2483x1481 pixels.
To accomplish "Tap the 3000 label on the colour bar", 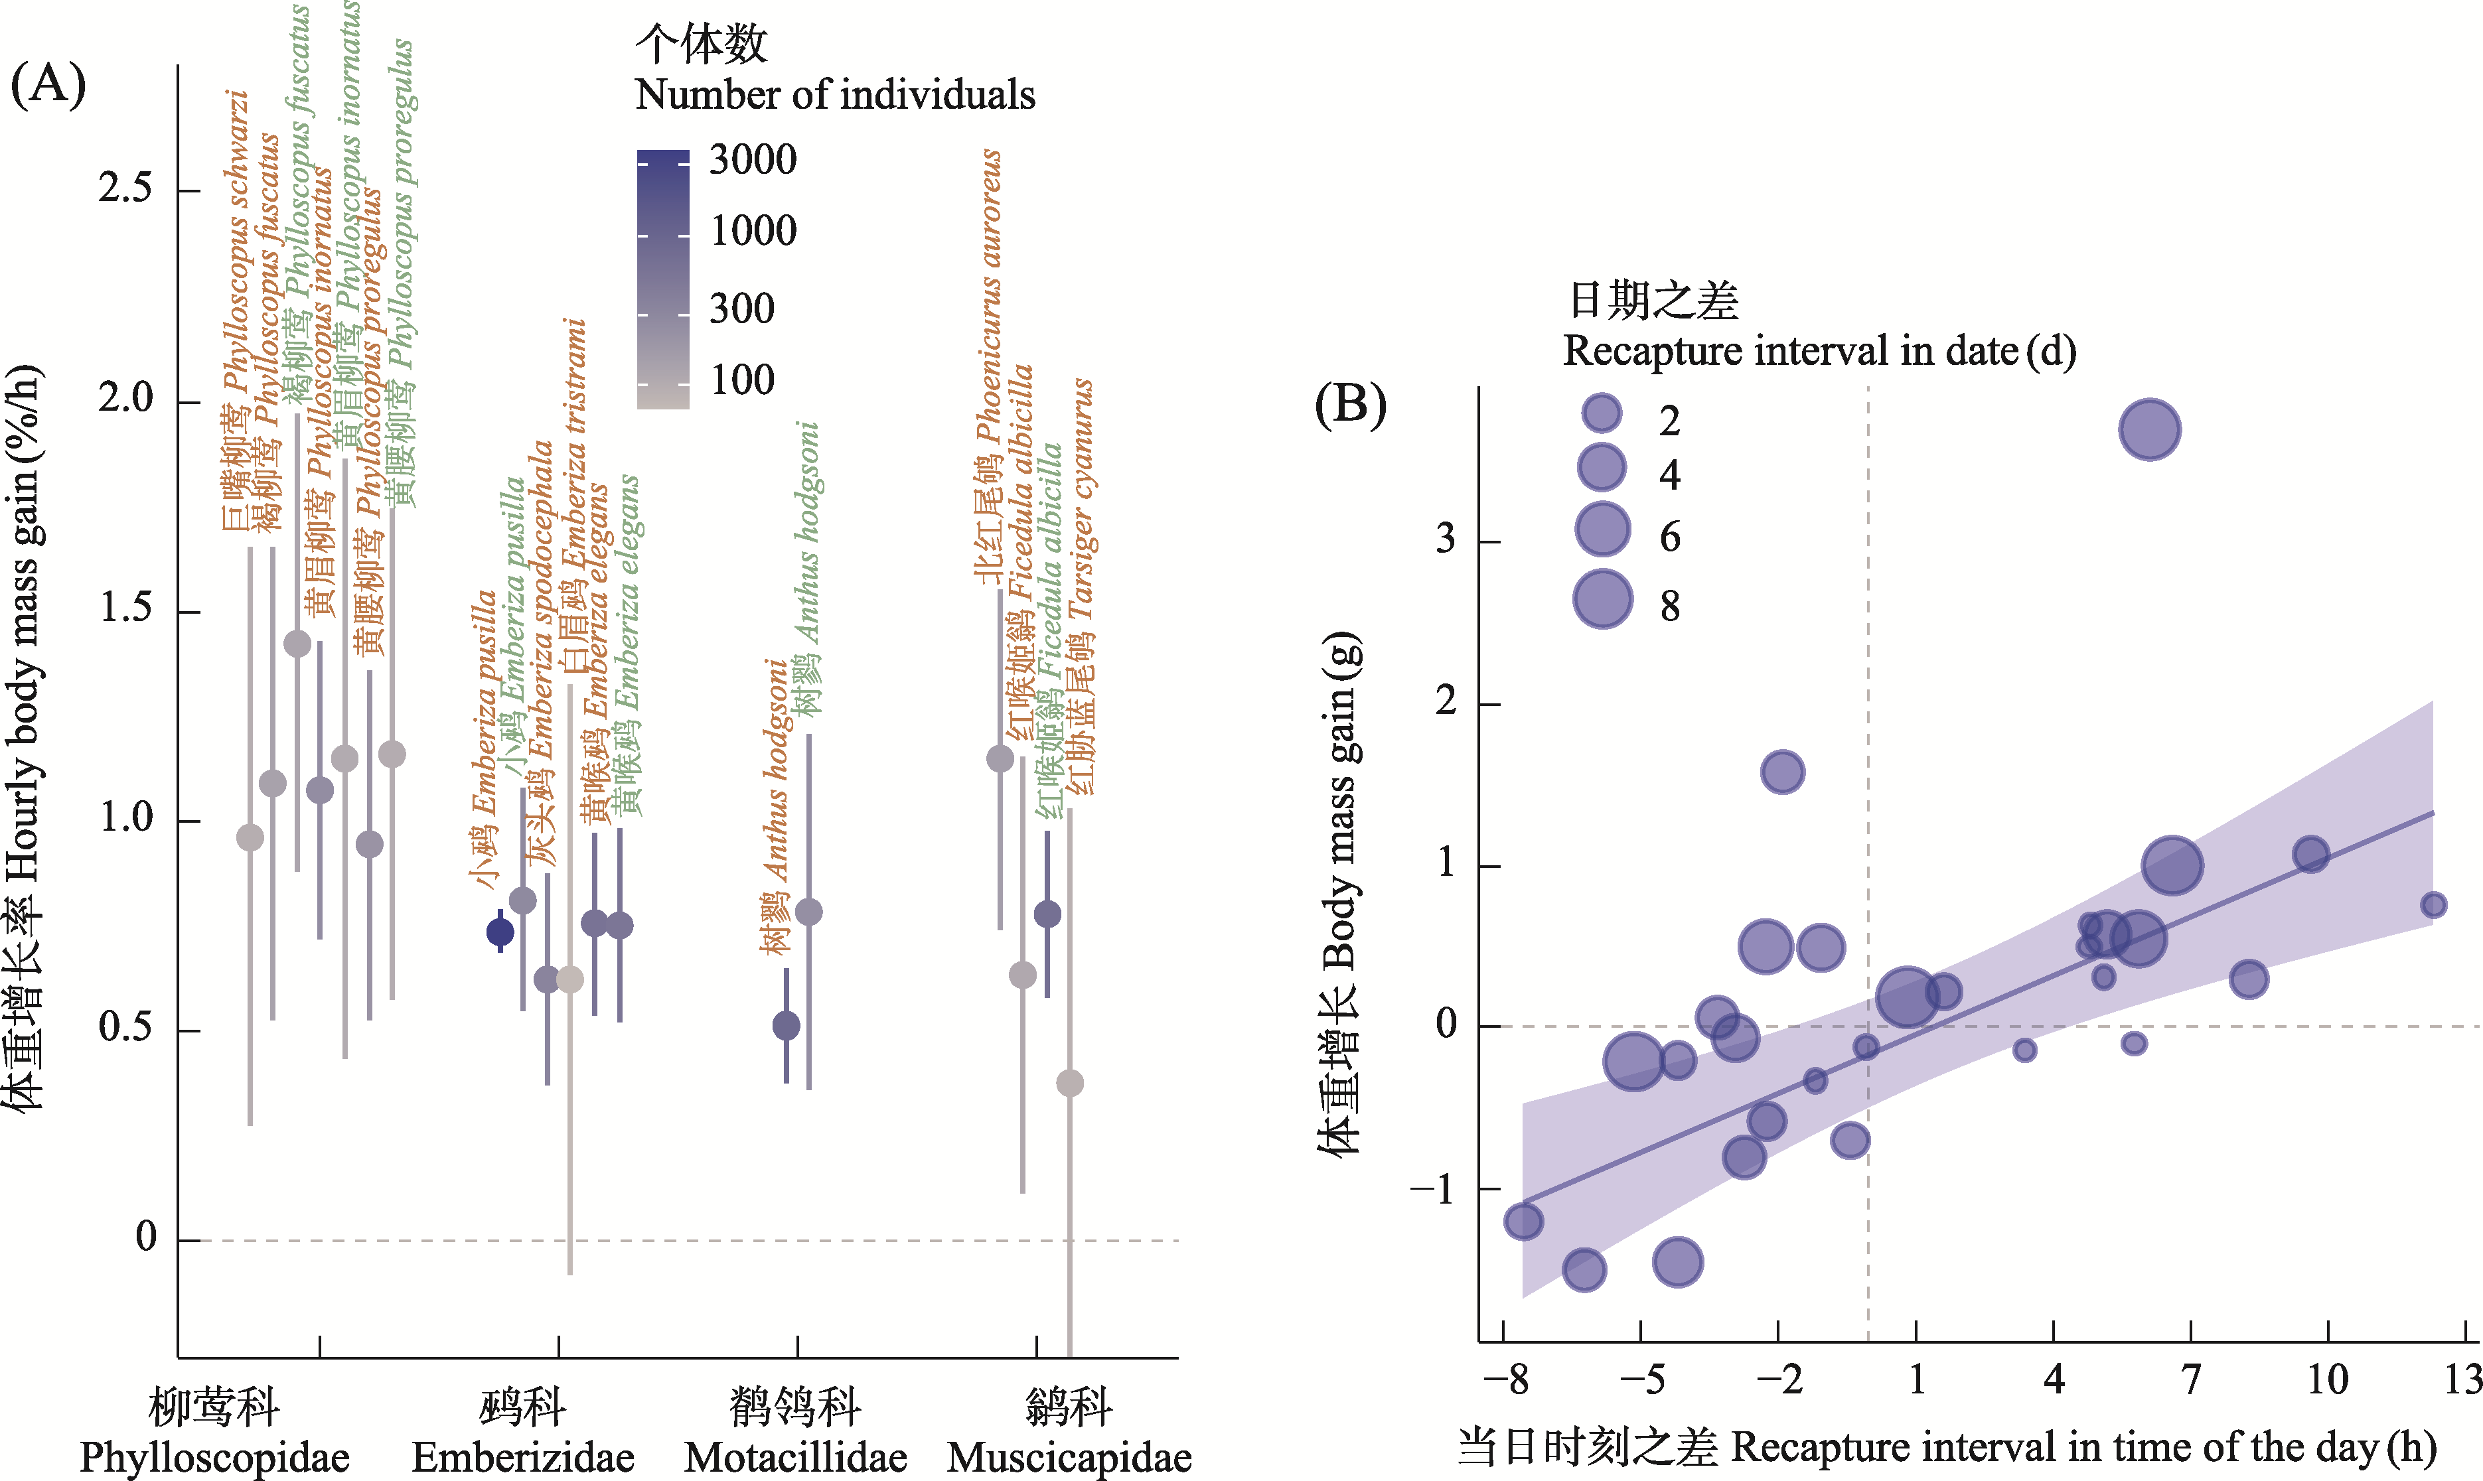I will point(753,160).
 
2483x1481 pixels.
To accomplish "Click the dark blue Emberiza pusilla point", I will point(500,932).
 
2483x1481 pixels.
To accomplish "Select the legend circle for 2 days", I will point(1602,412).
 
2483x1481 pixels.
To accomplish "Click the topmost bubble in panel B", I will point(2150,430).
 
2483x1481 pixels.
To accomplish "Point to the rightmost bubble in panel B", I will point(2433,905).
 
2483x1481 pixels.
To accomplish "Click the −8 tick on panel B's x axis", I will point(1506,1380).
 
